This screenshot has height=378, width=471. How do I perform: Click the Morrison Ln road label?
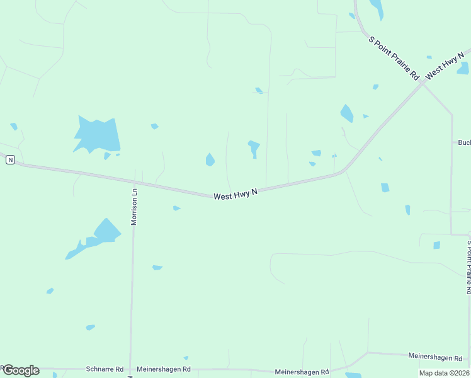133,206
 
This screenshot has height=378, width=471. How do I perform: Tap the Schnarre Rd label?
101,369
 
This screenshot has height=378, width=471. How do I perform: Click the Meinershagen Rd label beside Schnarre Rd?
164,369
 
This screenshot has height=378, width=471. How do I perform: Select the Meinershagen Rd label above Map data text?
435,358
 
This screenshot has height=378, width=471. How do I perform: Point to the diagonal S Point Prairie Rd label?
394,57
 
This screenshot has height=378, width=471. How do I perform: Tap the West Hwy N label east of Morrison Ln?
236,195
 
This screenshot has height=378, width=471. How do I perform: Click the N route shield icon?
10,160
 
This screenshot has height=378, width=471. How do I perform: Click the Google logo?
21,370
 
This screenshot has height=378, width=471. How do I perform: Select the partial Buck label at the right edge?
464,142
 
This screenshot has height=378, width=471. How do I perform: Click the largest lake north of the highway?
98,134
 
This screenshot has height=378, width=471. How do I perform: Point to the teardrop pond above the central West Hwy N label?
210,160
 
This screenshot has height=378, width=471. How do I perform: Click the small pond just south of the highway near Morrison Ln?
176,208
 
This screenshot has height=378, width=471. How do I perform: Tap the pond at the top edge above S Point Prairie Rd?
377,8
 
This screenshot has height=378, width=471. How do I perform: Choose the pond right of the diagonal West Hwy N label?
463,68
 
